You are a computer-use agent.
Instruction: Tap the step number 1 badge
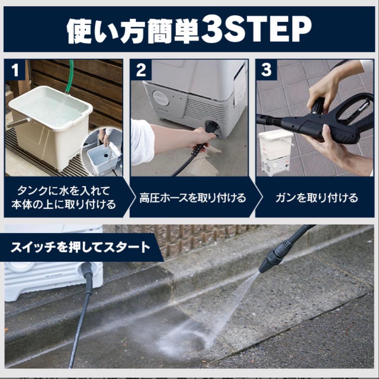(15, 70)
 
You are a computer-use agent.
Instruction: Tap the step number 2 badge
(141, 70)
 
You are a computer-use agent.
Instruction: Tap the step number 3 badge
(266, 70)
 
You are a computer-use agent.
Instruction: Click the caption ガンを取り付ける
(316, 198)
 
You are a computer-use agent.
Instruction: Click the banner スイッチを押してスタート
(80, 247)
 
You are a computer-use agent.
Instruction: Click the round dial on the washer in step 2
(161, 99)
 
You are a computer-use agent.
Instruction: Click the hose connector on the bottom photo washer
(86, 272)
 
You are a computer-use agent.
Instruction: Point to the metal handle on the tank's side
(18, 123)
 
